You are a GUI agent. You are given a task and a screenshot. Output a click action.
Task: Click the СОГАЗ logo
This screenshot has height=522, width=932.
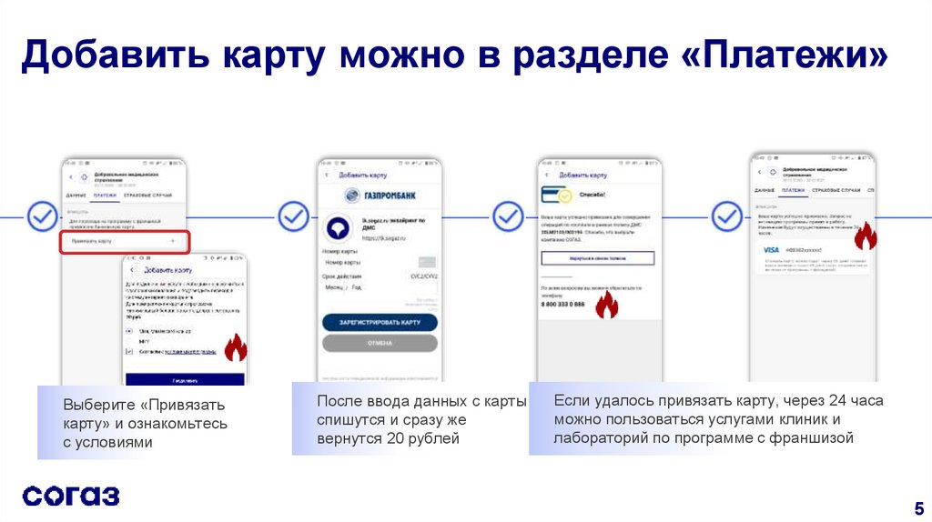pos(71,496)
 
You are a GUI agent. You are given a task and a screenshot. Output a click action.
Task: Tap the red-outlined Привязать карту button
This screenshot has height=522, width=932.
pos(126,242)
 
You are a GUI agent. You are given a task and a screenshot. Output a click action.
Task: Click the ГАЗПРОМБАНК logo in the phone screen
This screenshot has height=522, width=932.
pos(380,196)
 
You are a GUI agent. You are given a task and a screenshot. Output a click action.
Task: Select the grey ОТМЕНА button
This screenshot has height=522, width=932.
pos(380,343)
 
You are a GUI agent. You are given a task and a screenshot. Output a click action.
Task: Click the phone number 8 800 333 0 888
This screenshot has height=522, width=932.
pos(564,304)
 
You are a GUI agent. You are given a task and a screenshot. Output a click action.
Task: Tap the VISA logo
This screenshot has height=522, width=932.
pos(771,249)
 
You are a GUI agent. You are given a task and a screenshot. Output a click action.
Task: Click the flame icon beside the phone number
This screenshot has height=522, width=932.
pos(606,306)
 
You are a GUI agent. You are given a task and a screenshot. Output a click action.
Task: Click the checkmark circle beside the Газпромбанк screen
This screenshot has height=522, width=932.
pos(293,216)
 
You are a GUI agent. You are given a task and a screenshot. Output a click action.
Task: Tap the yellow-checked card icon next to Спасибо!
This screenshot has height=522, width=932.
pos(556,195)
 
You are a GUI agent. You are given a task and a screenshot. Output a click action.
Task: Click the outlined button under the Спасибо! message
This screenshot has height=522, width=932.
pos(598,258)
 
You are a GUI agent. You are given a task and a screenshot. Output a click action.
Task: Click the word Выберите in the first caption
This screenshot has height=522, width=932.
pos(99,405)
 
